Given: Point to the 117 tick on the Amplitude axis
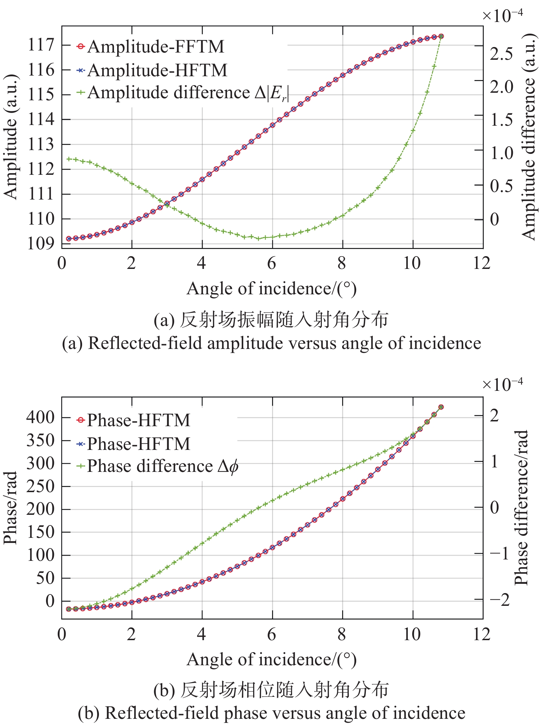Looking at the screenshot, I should (x=41, y=45).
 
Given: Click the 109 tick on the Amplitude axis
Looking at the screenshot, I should (x=41, y=244).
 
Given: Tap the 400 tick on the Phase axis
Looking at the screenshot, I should (x=40, y=418).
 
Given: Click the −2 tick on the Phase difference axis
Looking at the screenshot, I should (x=499, y=600).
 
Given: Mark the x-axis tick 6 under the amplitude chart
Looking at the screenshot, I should (x=272, y=263).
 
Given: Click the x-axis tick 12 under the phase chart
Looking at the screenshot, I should (x=482, y=634).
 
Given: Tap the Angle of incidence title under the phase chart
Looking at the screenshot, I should (x=271, y=660).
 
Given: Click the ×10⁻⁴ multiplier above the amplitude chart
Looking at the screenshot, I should (x=502, y=15).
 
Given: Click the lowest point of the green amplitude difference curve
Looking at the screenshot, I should (x=259, y=239).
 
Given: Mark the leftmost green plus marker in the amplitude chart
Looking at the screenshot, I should (x=69, y=159).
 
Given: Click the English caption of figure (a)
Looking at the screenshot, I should (x=271, y=343).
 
